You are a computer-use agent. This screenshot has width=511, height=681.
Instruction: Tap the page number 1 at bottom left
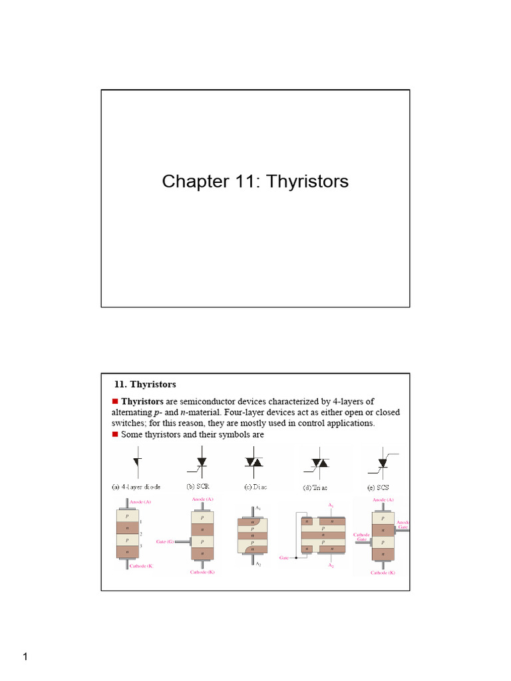point(25,658)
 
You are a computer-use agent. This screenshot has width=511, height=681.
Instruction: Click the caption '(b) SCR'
point(198,485)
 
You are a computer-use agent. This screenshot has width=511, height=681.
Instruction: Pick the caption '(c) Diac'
point(255,486)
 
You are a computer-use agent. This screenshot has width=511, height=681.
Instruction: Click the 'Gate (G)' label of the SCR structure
point(166,542)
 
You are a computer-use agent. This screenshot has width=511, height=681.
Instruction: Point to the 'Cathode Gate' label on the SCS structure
point(361,537)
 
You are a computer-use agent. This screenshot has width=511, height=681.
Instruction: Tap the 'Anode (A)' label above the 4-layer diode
point(128,499)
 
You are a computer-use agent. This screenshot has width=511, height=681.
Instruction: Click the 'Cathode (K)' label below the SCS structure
point(383,572)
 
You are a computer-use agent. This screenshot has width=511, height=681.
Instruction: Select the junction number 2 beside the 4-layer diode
point(141,533)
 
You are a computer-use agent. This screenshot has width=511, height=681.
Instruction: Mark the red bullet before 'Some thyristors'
point(114,434)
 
